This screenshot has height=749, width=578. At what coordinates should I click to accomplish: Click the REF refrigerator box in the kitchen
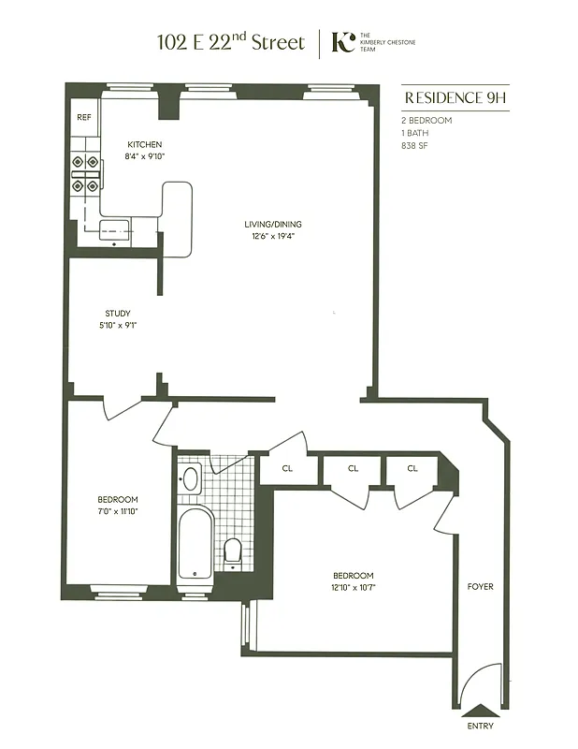pos(83,118)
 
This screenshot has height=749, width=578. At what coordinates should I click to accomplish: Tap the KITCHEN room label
pos(145,144)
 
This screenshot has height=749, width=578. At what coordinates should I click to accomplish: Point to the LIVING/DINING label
pos(273,224)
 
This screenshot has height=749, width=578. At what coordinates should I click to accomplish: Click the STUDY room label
pos(117,314)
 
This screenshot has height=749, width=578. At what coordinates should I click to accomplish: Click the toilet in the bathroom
pos(233,551)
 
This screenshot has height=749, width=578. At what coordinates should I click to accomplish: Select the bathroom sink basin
pos(191,479)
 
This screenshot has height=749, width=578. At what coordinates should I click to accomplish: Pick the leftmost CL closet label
pos(287,468)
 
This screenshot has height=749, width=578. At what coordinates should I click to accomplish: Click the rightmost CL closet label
pos(412,468)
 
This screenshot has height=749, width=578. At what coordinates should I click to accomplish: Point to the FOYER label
pos(481,587)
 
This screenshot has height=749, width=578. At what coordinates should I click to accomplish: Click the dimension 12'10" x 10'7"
pos(354,588)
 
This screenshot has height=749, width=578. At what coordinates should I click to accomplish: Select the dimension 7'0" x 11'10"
pos(118,512)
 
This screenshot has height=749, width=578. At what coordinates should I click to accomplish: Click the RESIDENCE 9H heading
pos(456,97)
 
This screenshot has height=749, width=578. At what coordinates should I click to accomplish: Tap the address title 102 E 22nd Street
pos(231,42)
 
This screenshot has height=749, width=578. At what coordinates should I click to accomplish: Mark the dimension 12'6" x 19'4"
pos(273,237)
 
